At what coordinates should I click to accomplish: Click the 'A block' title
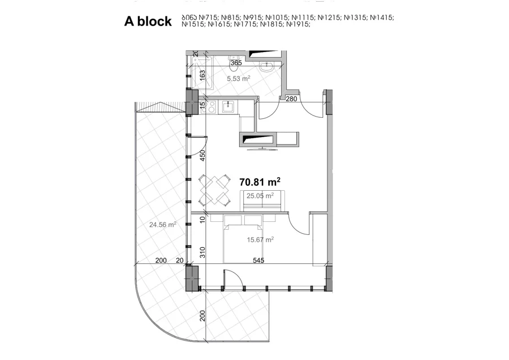click(148, 22)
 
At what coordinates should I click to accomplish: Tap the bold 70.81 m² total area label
click(260, 182)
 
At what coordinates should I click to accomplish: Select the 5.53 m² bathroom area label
click(239, 78)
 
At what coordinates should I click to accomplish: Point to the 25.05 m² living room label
click(260, 196)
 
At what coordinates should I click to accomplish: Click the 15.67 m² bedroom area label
click(260, 240)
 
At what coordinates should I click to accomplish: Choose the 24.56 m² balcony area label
click(163, 224)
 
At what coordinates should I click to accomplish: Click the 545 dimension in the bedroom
click(258, 260)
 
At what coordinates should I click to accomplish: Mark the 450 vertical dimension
click(202, 156)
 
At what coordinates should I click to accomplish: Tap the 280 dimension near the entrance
click(291, 98)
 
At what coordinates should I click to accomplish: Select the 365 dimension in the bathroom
click(236, 63)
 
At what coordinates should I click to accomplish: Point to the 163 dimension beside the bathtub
click(202, 76)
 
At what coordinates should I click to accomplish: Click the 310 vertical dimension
click(202, 252)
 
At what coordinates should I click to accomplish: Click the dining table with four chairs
click(214, 190)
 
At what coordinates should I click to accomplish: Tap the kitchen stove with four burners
click(208, 106)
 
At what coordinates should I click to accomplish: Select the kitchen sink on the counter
click(230, 106)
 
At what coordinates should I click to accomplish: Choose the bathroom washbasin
click(267, 67)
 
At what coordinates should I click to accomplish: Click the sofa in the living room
click(262, 201)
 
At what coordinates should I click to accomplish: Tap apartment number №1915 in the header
click(299, 24)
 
